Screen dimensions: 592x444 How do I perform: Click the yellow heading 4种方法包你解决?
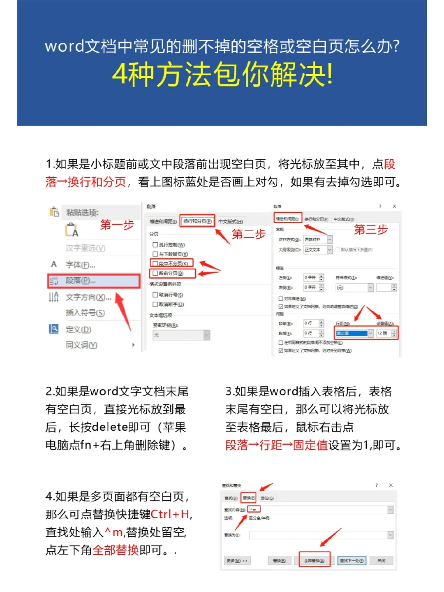pos(222,75)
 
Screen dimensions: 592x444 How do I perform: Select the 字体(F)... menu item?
pos(81,265)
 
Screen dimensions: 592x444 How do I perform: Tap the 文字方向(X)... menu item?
pos(88,297)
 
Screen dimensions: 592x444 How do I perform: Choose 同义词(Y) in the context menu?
pos(81,345)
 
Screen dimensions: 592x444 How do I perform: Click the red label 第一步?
pos(117,225)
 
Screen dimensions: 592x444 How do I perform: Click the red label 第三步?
pos(371,230)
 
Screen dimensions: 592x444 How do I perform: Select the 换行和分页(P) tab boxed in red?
pos(197,221)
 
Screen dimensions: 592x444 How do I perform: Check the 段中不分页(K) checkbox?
pos(155,264)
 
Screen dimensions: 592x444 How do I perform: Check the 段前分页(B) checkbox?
pos(155,273)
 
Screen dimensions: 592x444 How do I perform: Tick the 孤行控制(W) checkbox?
pos(155,245)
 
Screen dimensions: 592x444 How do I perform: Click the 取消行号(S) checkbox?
pos(155,295)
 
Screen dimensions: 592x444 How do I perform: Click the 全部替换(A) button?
pos(314,560)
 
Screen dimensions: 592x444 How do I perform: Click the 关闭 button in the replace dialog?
pos(381,560)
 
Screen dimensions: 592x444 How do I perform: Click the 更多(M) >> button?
pos(237,560)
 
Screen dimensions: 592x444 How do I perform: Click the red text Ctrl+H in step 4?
pos(170,514)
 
